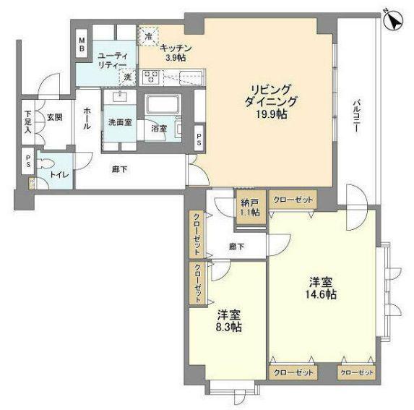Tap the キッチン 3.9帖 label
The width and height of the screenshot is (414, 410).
coord(176,53)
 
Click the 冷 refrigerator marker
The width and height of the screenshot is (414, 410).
coord(149,36)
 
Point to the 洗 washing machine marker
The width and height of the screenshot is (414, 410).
coord(128,77)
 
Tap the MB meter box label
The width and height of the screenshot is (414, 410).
coord(82,44)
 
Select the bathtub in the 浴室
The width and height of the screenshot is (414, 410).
coord(163,104)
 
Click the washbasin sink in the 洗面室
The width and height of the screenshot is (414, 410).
coord(121,96)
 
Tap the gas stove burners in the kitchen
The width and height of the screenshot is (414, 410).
coord(152,77)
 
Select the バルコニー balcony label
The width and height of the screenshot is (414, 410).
coord(357,116)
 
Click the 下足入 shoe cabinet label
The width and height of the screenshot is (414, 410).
coord(28,122)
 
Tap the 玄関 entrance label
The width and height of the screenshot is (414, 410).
coord(55,117)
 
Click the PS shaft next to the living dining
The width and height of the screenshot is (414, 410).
coord(199,138)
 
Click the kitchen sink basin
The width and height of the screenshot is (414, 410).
coord(191,77)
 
